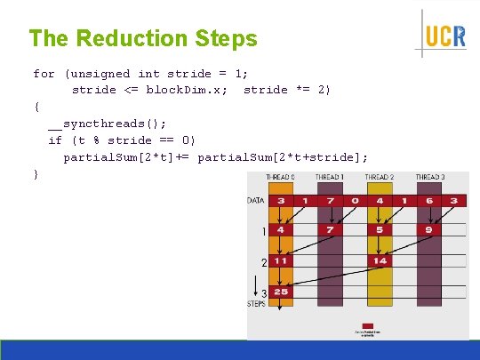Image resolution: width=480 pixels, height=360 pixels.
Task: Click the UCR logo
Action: click(x=444, y=36)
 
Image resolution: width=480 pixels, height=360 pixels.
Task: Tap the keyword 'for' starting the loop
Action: click(x=44, y=74)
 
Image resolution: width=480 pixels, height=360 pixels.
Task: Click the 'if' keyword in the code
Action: click(x=55, y=140)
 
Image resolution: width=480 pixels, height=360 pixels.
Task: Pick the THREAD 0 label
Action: click(x=280, y=178)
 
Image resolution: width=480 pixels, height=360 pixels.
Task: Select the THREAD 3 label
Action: click(x=431, y=178)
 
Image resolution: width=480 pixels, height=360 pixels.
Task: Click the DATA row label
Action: click(x=256, y=201)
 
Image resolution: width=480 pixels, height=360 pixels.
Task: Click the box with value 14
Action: click(x=380, y=262)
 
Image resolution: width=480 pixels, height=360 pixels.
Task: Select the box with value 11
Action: click(x=281, y=262)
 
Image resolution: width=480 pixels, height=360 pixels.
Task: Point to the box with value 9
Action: click(x=430, y=231)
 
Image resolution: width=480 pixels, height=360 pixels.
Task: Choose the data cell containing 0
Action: click(x=356, y=201)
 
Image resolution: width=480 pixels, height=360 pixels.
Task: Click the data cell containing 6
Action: click(x=430, y=201)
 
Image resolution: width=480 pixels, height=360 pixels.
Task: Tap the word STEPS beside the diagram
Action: click(x=256, y=304)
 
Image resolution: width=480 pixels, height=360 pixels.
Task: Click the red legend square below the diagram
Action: click(x=367, y=325)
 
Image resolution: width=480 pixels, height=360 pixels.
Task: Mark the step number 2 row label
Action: click(x=263, y=262)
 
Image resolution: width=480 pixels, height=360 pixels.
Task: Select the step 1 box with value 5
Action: click(x=380, y=231)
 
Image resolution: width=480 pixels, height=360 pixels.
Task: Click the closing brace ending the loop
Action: click(x=36, y=174)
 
